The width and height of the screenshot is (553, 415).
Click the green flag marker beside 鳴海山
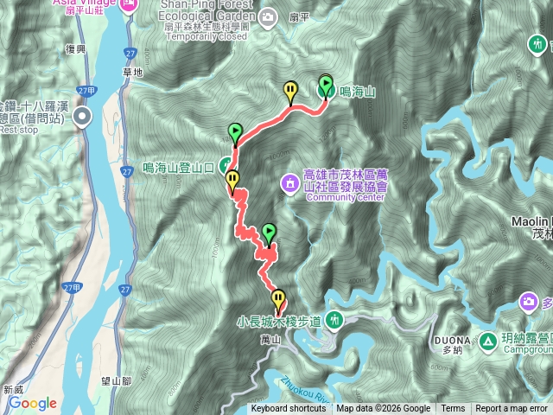click(326, 85)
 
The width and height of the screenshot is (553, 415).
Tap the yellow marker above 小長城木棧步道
click(277, 299)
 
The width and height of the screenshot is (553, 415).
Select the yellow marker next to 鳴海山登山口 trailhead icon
click(232, 180)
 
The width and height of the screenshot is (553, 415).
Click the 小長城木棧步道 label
click(279, 322)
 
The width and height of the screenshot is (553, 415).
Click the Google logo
click(32, 403)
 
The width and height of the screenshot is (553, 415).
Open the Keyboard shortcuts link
click(289, 409)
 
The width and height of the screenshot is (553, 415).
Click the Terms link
click(453, 409)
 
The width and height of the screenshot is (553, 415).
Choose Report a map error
click(512, 409)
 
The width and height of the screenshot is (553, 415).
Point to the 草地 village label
click(133, 72)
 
